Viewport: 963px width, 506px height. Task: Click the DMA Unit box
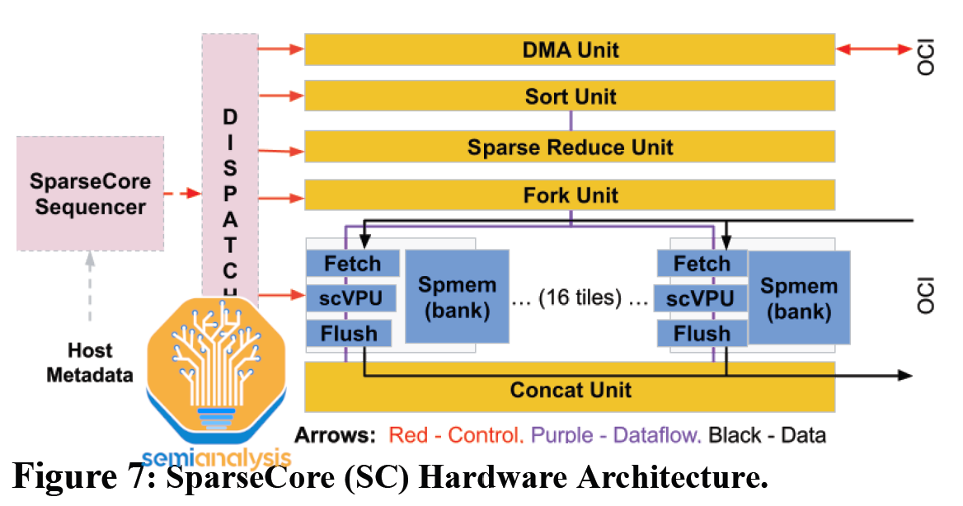tap(570, 49)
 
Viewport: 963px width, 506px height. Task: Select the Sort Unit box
tap(570, 96)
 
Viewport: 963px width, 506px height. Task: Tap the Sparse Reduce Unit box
tap(570, 147)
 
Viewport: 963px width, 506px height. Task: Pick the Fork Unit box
tap(570, 195)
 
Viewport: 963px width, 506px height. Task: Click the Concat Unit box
tap(570, 389)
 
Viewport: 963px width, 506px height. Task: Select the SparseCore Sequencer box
tap(90, 194)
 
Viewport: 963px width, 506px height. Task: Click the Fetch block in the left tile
tap(352, 265)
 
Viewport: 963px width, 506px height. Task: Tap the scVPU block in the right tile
tap(699, 298)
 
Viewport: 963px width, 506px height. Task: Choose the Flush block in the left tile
tap(352, 334)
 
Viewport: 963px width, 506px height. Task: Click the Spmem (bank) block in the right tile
tap(799, 298)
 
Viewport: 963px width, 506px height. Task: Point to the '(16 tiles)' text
tap(580, 298)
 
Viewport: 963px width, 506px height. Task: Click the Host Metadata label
tap(90, 363)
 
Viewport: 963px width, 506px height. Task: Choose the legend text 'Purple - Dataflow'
tap(616, 435)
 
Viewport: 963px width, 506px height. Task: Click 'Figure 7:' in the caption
tap(82, 479)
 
